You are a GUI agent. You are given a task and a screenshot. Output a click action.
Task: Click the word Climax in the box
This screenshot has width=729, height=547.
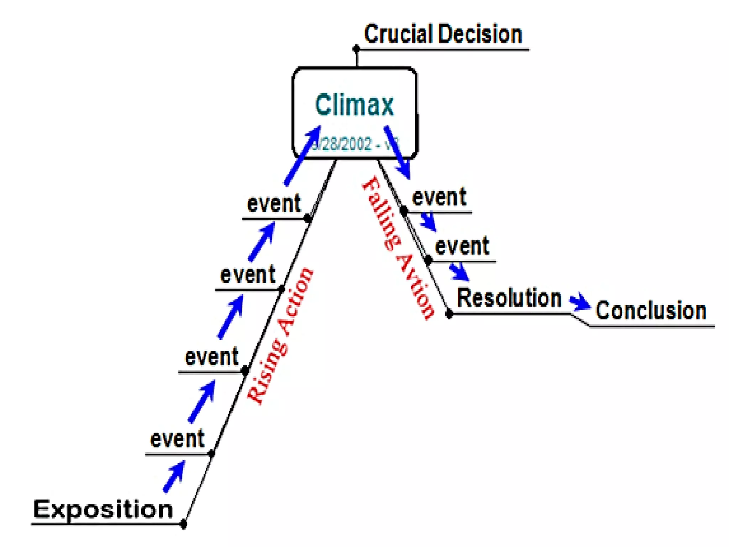355,105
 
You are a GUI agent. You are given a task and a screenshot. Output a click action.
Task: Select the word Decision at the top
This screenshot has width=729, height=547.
480,34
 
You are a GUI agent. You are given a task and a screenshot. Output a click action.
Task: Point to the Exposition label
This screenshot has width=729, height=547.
103,509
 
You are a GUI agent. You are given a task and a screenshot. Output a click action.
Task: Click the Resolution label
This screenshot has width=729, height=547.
509,298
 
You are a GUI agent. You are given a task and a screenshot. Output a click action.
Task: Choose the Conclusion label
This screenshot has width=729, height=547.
651,311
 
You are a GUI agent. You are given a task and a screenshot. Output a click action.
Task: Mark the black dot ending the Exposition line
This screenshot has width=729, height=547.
183,524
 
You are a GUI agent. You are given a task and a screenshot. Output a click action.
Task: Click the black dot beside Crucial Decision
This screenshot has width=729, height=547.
356,49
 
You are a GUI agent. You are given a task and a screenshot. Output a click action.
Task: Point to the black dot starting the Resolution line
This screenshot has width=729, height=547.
449,314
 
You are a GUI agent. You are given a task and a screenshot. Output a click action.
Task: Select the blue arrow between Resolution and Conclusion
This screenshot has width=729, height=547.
579,302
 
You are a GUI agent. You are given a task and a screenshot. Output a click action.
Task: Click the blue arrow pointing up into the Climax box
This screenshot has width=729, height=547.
303,155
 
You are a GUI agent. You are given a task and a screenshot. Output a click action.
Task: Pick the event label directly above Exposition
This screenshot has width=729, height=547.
177,439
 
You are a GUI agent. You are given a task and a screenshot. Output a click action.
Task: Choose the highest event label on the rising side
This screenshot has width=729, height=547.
274,204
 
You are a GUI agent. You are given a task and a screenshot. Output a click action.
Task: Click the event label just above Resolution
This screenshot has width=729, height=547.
462,246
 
